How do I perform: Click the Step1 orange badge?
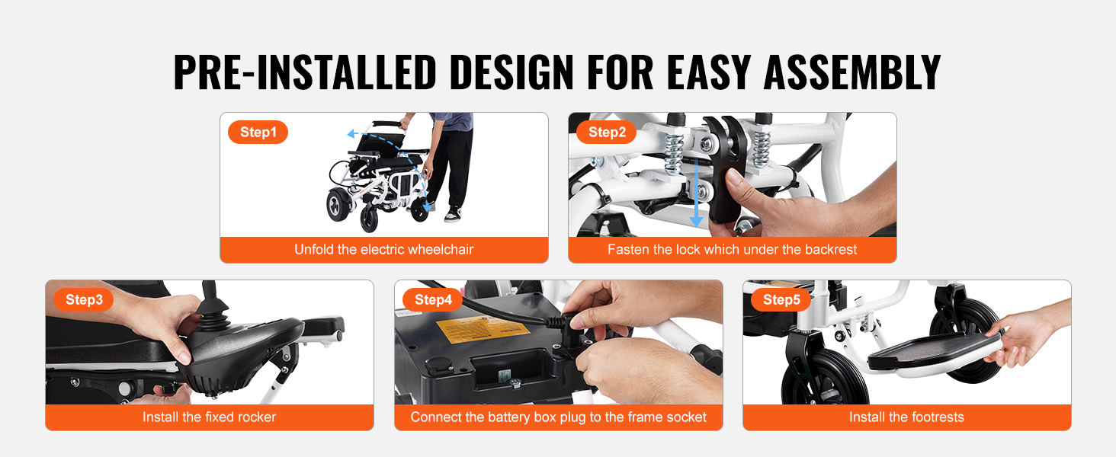click(x=258, y=133)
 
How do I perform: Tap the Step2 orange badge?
click(x=606, y=133)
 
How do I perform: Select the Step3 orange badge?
click(x=84, y=299)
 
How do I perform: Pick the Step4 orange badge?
click(x=432, y=299)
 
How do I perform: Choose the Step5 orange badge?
click(x=781, y=299)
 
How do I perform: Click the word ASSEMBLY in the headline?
click(x=852, y=72)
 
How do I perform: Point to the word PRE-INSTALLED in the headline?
click(x=305, y=72)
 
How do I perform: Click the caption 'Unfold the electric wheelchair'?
click(x=383, y=249)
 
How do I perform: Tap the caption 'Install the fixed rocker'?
click(x=209, y=417)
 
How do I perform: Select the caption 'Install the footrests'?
click(x=907, y=417)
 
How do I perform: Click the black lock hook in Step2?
click(x=725, y=169)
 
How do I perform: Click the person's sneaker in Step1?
click(x=454, y=214)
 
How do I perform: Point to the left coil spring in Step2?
click(x=675, y=152)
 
